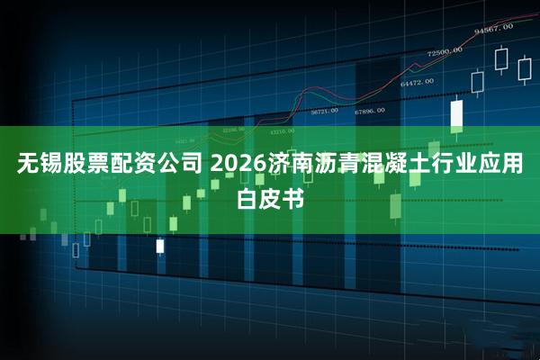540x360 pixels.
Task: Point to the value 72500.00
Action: click(x=445, y=52)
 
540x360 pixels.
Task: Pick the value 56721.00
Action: click(x=324, y=112)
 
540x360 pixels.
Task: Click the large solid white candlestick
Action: click(x=456, y=115)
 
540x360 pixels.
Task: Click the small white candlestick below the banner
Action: click(x=160, y=245)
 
